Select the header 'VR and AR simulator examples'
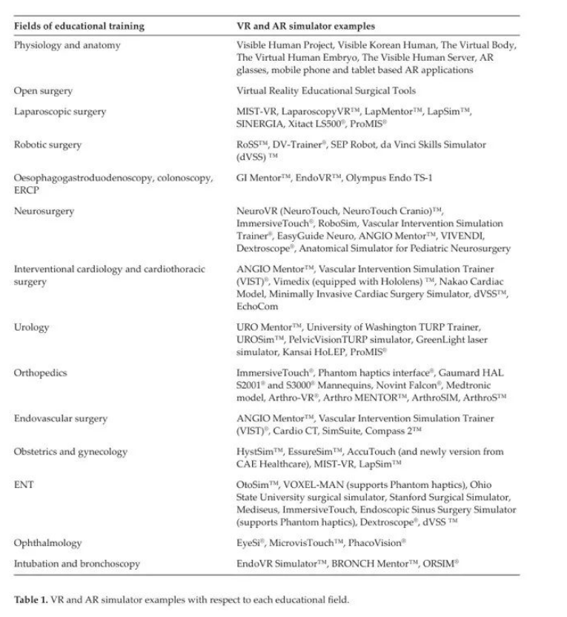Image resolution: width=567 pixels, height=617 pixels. [x=301, y=27]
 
